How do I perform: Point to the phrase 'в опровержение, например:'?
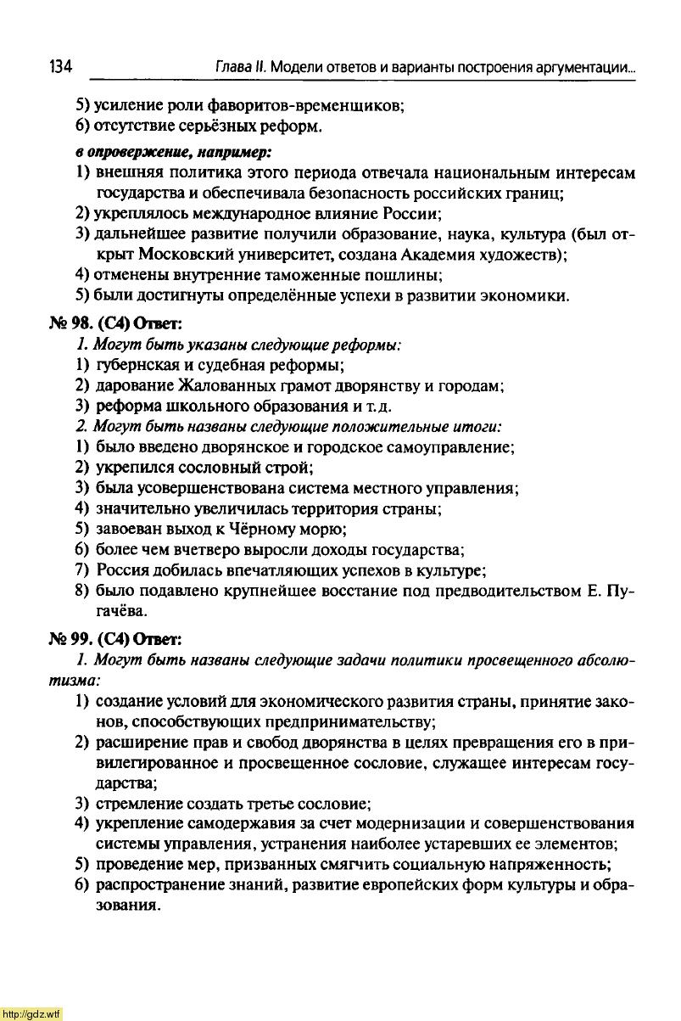(x=174, y=152)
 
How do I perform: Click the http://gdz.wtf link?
(x=31, y=1013)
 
